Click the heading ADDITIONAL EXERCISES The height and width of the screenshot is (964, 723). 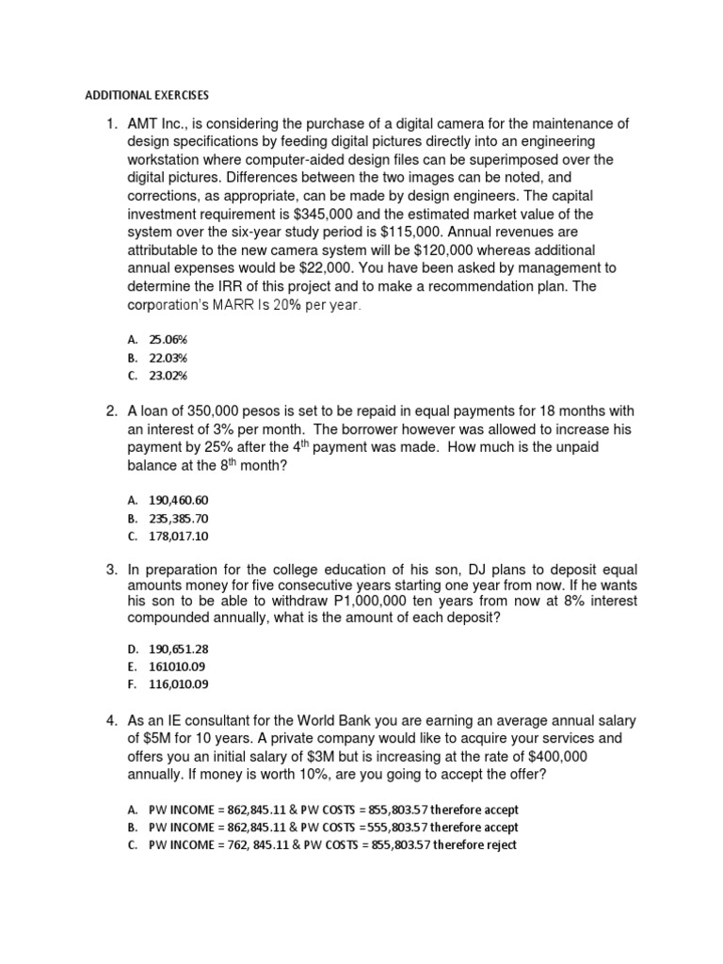pyautogui.click(x=147, y=96)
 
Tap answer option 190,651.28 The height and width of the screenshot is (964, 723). pyautogui.click(x=179, y=649)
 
